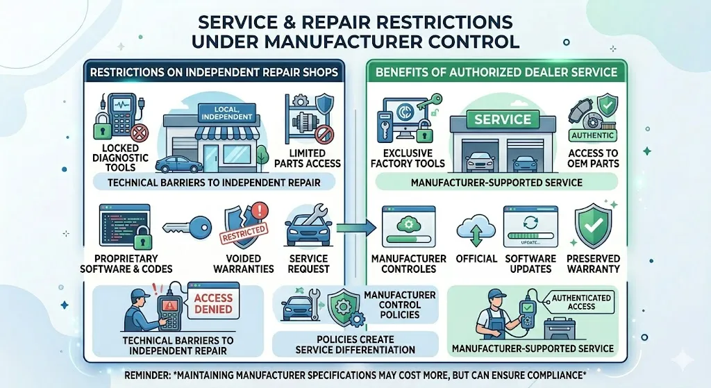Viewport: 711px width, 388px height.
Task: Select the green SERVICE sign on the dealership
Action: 502,119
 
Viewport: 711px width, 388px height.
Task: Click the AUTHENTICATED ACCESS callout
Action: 581,302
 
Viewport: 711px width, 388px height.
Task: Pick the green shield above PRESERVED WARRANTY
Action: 594,226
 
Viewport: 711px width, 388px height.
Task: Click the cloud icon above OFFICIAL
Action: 476,228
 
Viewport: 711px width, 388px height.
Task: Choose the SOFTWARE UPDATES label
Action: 530,263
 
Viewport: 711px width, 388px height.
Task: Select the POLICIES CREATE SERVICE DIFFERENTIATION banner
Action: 355,344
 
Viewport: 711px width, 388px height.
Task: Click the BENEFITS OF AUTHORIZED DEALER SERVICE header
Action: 496,71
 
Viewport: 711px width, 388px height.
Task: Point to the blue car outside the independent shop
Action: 179,164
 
